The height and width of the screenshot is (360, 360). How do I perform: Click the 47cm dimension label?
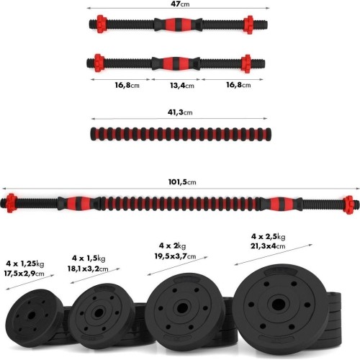point(180,4)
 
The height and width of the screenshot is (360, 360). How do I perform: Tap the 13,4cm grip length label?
point(182,86)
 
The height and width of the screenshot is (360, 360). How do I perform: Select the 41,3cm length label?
point(180,112)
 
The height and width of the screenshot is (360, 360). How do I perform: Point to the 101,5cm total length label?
point(182,182)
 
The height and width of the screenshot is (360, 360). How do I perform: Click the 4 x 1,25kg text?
point(25,264)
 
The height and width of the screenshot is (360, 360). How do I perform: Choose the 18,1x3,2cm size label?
point(88,269)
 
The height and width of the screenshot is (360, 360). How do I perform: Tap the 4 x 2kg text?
point(172,246)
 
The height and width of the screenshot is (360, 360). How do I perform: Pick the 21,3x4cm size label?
point(268,246)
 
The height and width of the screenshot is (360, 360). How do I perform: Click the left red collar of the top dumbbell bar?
point(102,24)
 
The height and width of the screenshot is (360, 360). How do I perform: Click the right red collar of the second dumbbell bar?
point(246,63)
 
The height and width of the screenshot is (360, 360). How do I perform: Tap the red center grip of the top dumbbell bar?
point(178,24)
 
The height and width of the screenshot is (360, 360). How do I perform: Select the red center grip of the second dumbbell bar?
point(176,63)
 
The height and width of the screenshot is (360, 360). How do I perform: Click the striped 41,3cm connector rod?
point(181,134)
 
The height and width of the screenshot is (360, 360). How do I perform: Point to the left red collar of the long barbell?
point(11,203)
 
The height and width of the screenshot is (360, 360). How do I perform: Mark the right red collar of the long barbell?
point(348,205)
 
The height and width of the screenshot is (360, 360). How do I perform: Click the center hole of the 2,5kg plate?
point(279,305)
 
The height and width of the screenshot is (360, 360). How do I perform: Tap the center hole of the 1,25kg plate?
point(32,315)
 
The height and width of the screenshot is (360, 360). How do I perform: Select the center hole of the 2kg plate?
point(182,308)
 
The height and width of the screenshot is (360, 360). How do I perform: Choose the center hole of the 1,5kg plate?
point(99,312)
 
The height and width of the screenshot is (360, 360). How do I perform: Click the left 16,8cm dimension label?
point(127,85)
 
